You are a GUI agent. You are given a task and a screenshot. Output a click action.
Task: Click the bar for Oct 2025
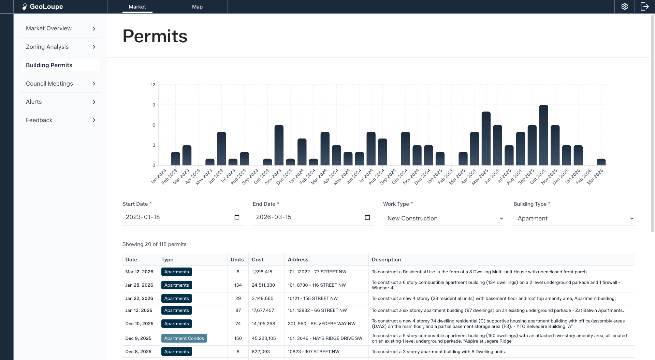coord(543,135)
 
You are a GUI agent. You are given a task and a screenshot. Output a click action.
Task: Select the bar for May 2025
coord(486,139)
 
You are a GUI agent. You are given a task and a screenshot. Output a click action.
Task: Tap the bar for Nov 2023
coord(279,145)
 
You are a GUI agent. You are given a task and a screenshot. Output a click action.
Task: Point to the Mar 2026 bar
coord(601,162)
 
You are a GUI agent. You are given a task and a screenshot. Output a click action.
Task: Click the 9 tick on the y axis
coord(154,105)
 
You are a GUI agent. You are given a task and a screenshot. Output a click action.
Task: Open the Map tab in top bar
coord(197,6)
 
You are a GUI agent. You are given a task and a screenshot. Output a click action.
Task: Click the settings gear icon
coord(624,6)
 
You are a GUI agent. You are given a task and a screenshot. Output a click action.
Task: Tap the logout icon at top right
coord(644,6)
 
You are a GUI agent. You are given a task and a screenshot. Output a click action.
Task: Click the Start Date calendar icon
coord(237,217)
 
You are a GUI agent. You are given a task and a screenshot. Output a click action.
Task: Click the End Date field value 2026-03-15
coord(274,217)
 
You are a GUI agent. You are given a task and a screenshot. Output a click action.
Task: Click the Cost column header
coord(258,260)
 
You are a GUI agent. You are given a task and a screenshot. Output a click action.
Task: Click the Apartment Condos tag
coord(184,338)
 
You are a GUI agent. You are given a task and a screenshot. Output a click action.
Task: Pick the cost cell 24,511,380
coord(263,285)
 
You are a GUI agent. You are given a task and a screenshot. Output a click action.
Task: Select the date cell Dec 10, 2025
coord(139,323)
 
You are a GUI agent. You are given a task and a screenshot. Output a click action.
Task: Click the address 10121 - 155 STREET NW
coord(312,298)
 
